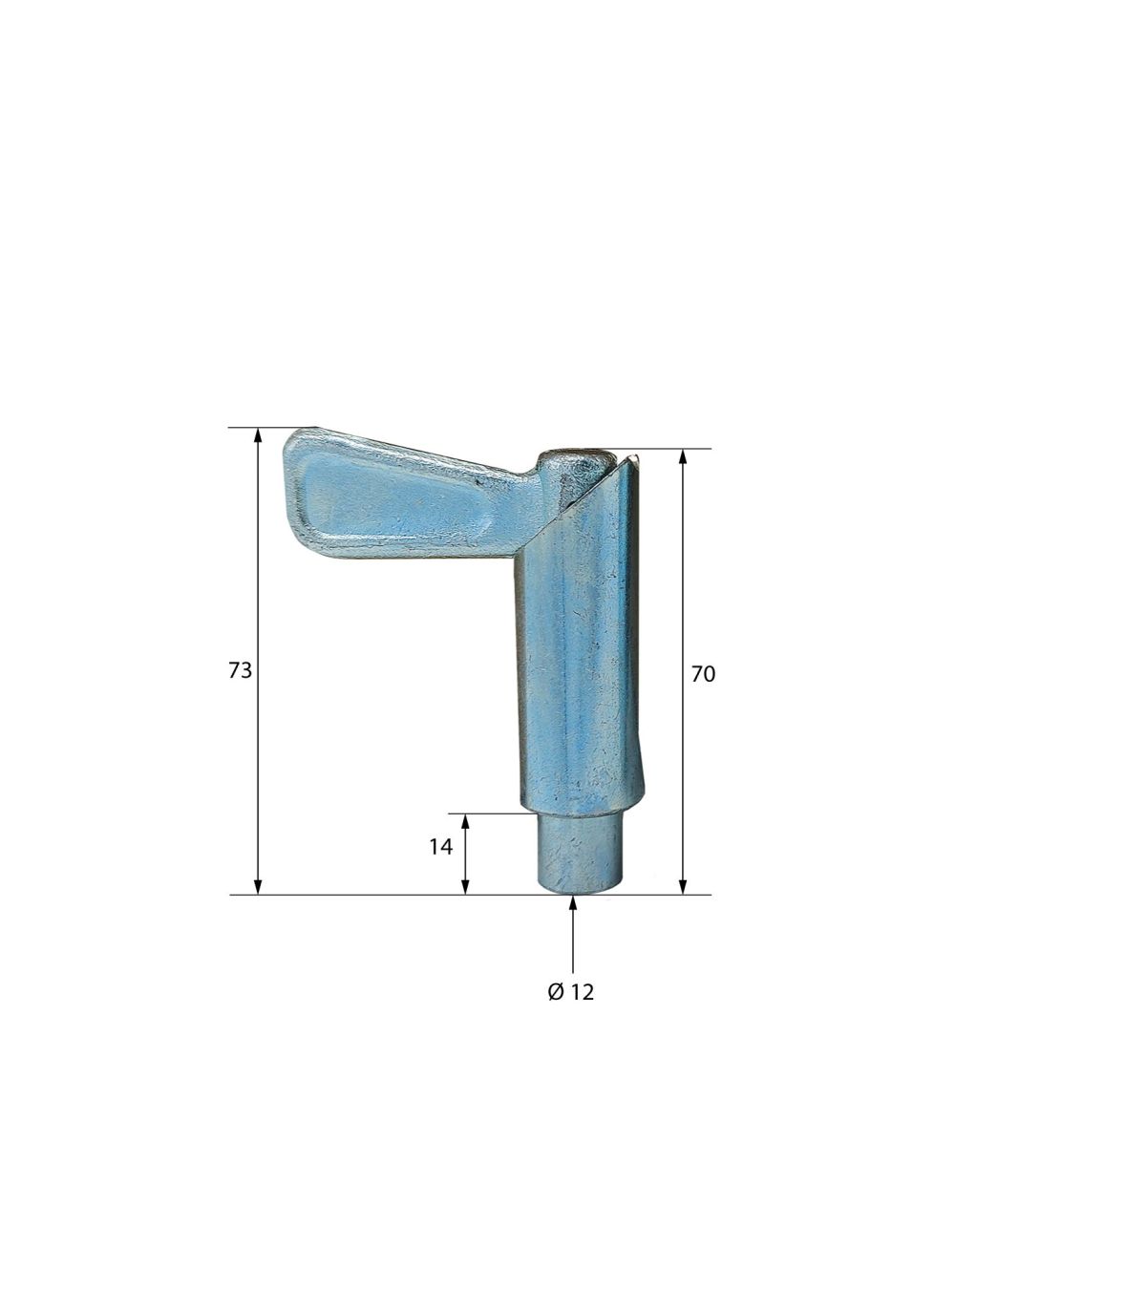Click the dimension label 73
[x=240, y=670]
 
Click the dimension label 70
[x=703, y=673]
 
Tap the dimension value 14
[x=440, y=847]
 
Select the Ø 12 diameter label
[x=571, y=992]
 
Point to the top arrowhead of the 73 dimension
[x=258, y=435]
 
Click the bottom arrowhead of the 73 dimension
[x=258, y=886]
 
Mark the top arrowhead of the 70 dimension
[x=683, y=457]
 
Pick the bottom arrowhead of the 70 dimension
[x=683, y=886]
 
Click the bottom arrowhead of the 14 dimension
[x=465, y=886]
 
